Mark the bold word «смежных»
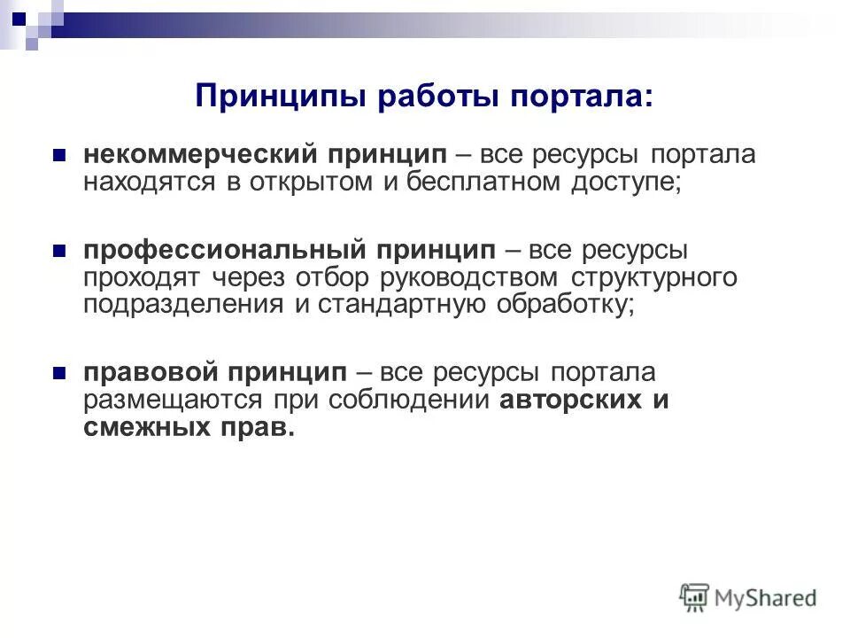pos(138,427)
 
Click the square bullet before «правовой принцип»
pos(60,372)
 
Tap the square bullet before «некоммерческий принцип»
pos(60,155)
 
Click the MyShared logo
pos(748,597)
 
